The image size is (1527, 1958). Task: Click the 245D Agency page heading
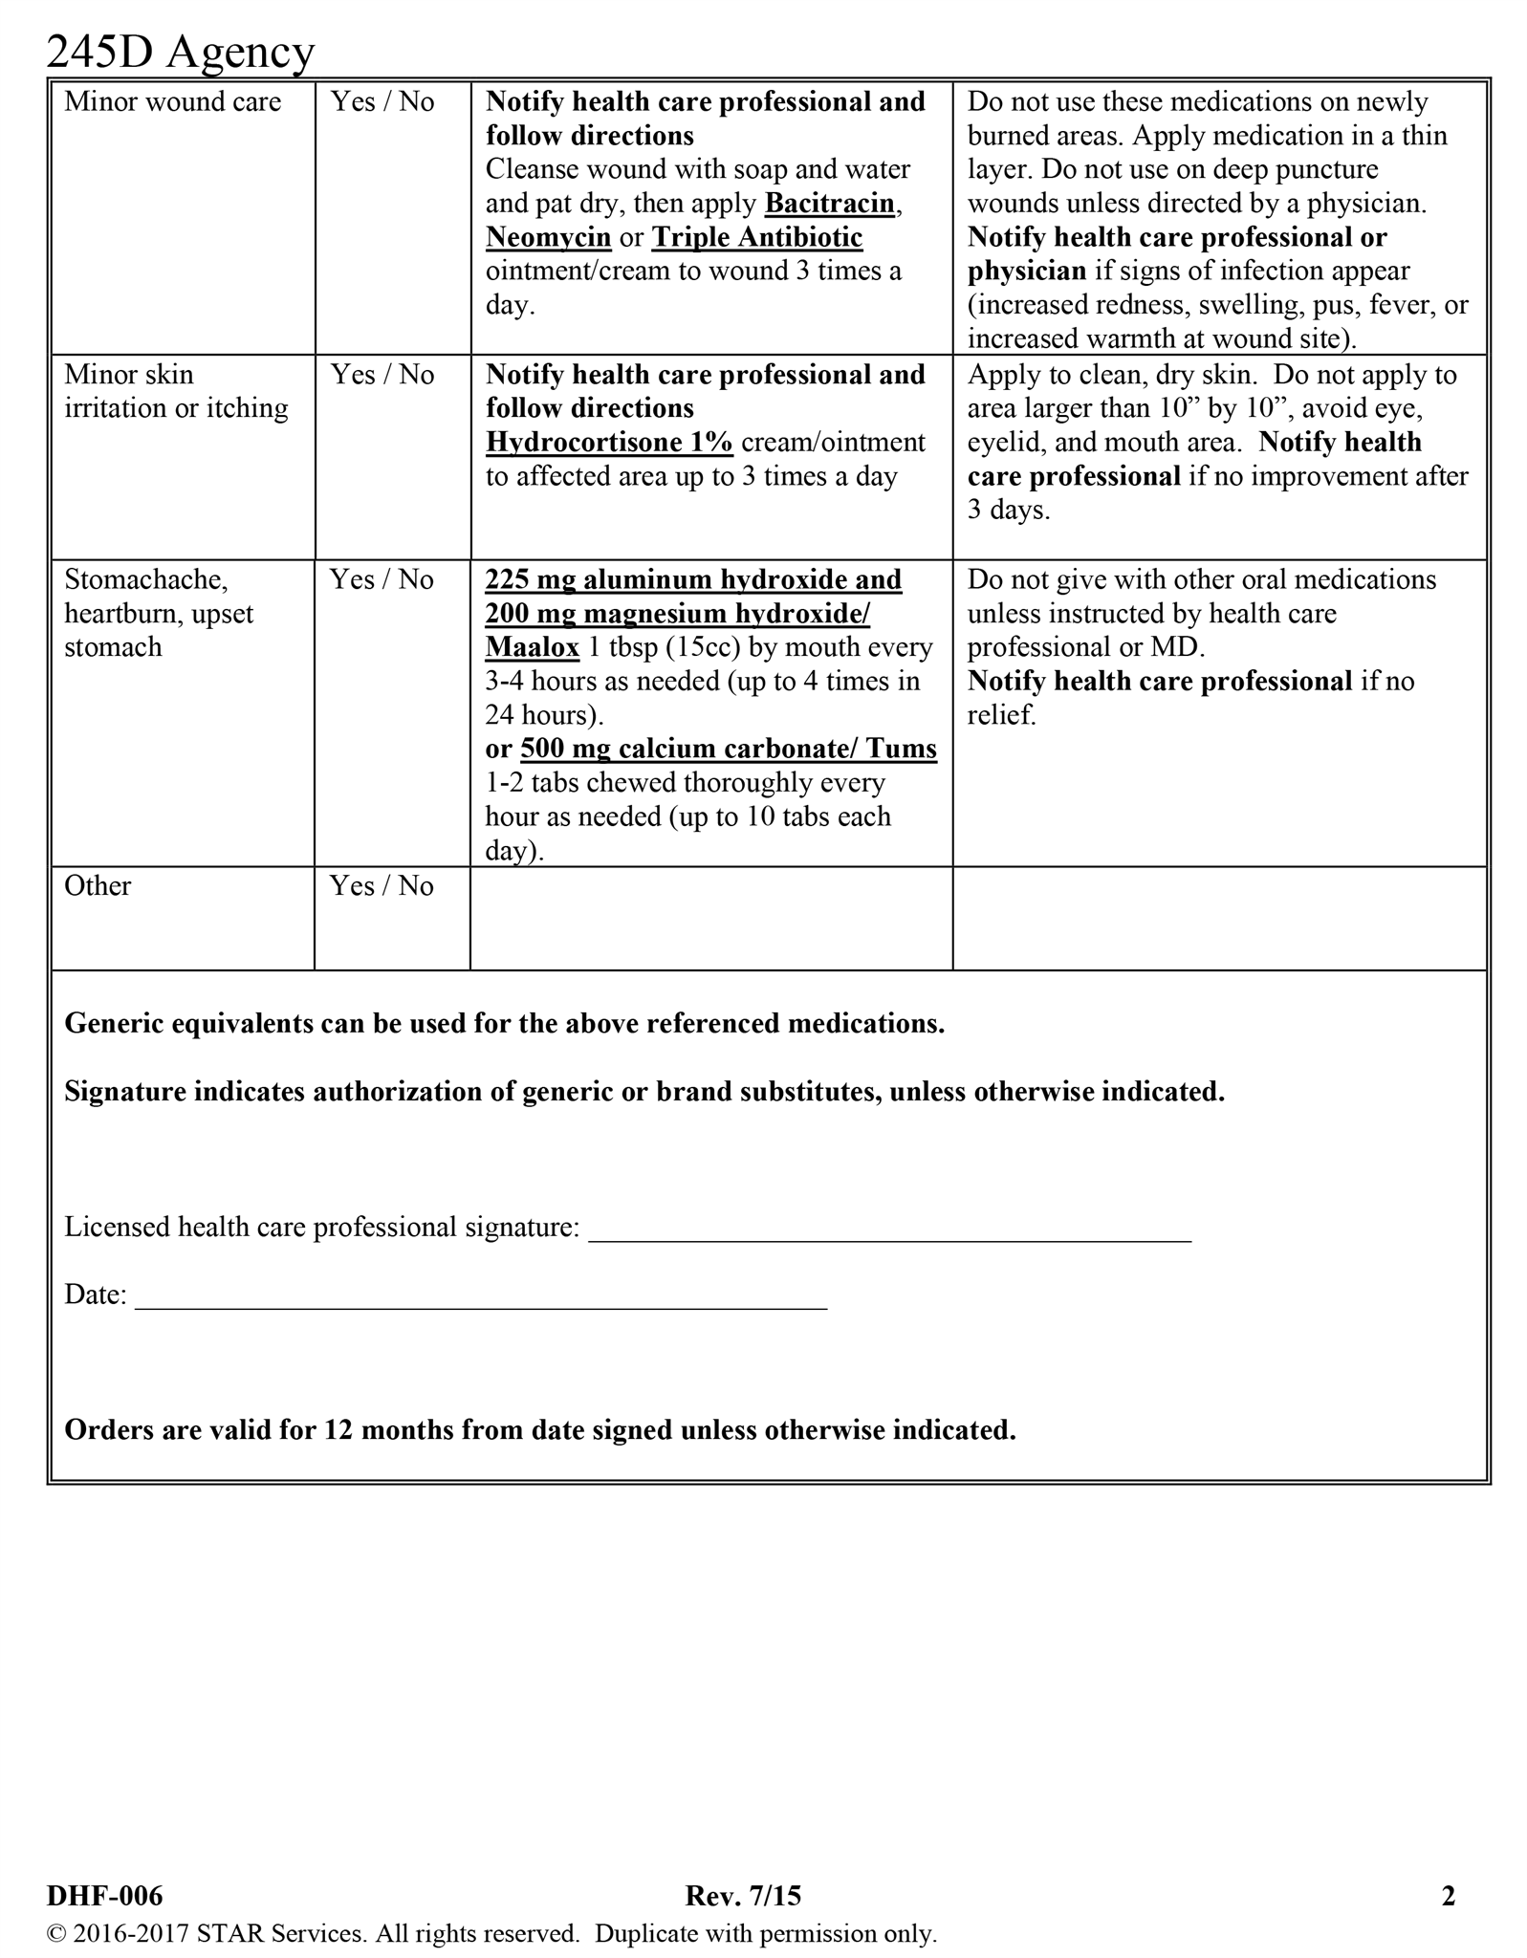[x=180, y=52]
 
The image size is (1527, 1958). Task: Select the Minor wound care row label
[x=172, y=102]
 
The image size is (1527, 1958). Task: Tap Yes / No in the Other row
[x=382, y=886]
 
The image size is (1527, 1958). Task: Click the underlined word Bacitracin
[x=830, y=204]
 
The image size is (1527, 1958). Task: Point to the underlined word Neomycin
[x=548, y=238]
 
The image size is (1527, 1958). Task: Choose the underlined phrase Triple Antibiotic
[x=757, y=238]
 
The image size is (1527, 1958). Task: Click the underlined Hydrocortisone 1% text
[x=609, y=443]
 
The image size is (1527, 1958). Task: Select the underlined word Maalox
[x=532, y=648]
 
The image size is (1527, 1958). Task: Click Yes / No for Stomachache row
[x=382, y=580]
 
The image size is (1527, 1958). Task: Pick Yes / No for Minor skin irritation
[x=382, y=375]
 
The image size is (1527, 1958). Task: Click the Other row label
[x=98, y=886]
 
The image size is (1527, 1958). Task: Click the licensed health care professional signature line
[x=889, y=1231]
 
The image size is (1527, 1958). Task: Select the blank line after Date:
[x=480, y=1299]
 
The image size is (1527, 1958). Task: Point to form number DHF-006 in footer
[x=105, y=1896]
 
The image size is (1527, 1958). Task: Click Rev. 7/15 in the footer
[x=743, y=1896]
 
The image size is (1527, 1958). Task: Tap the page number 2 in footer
[x=1448, y=1896]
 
